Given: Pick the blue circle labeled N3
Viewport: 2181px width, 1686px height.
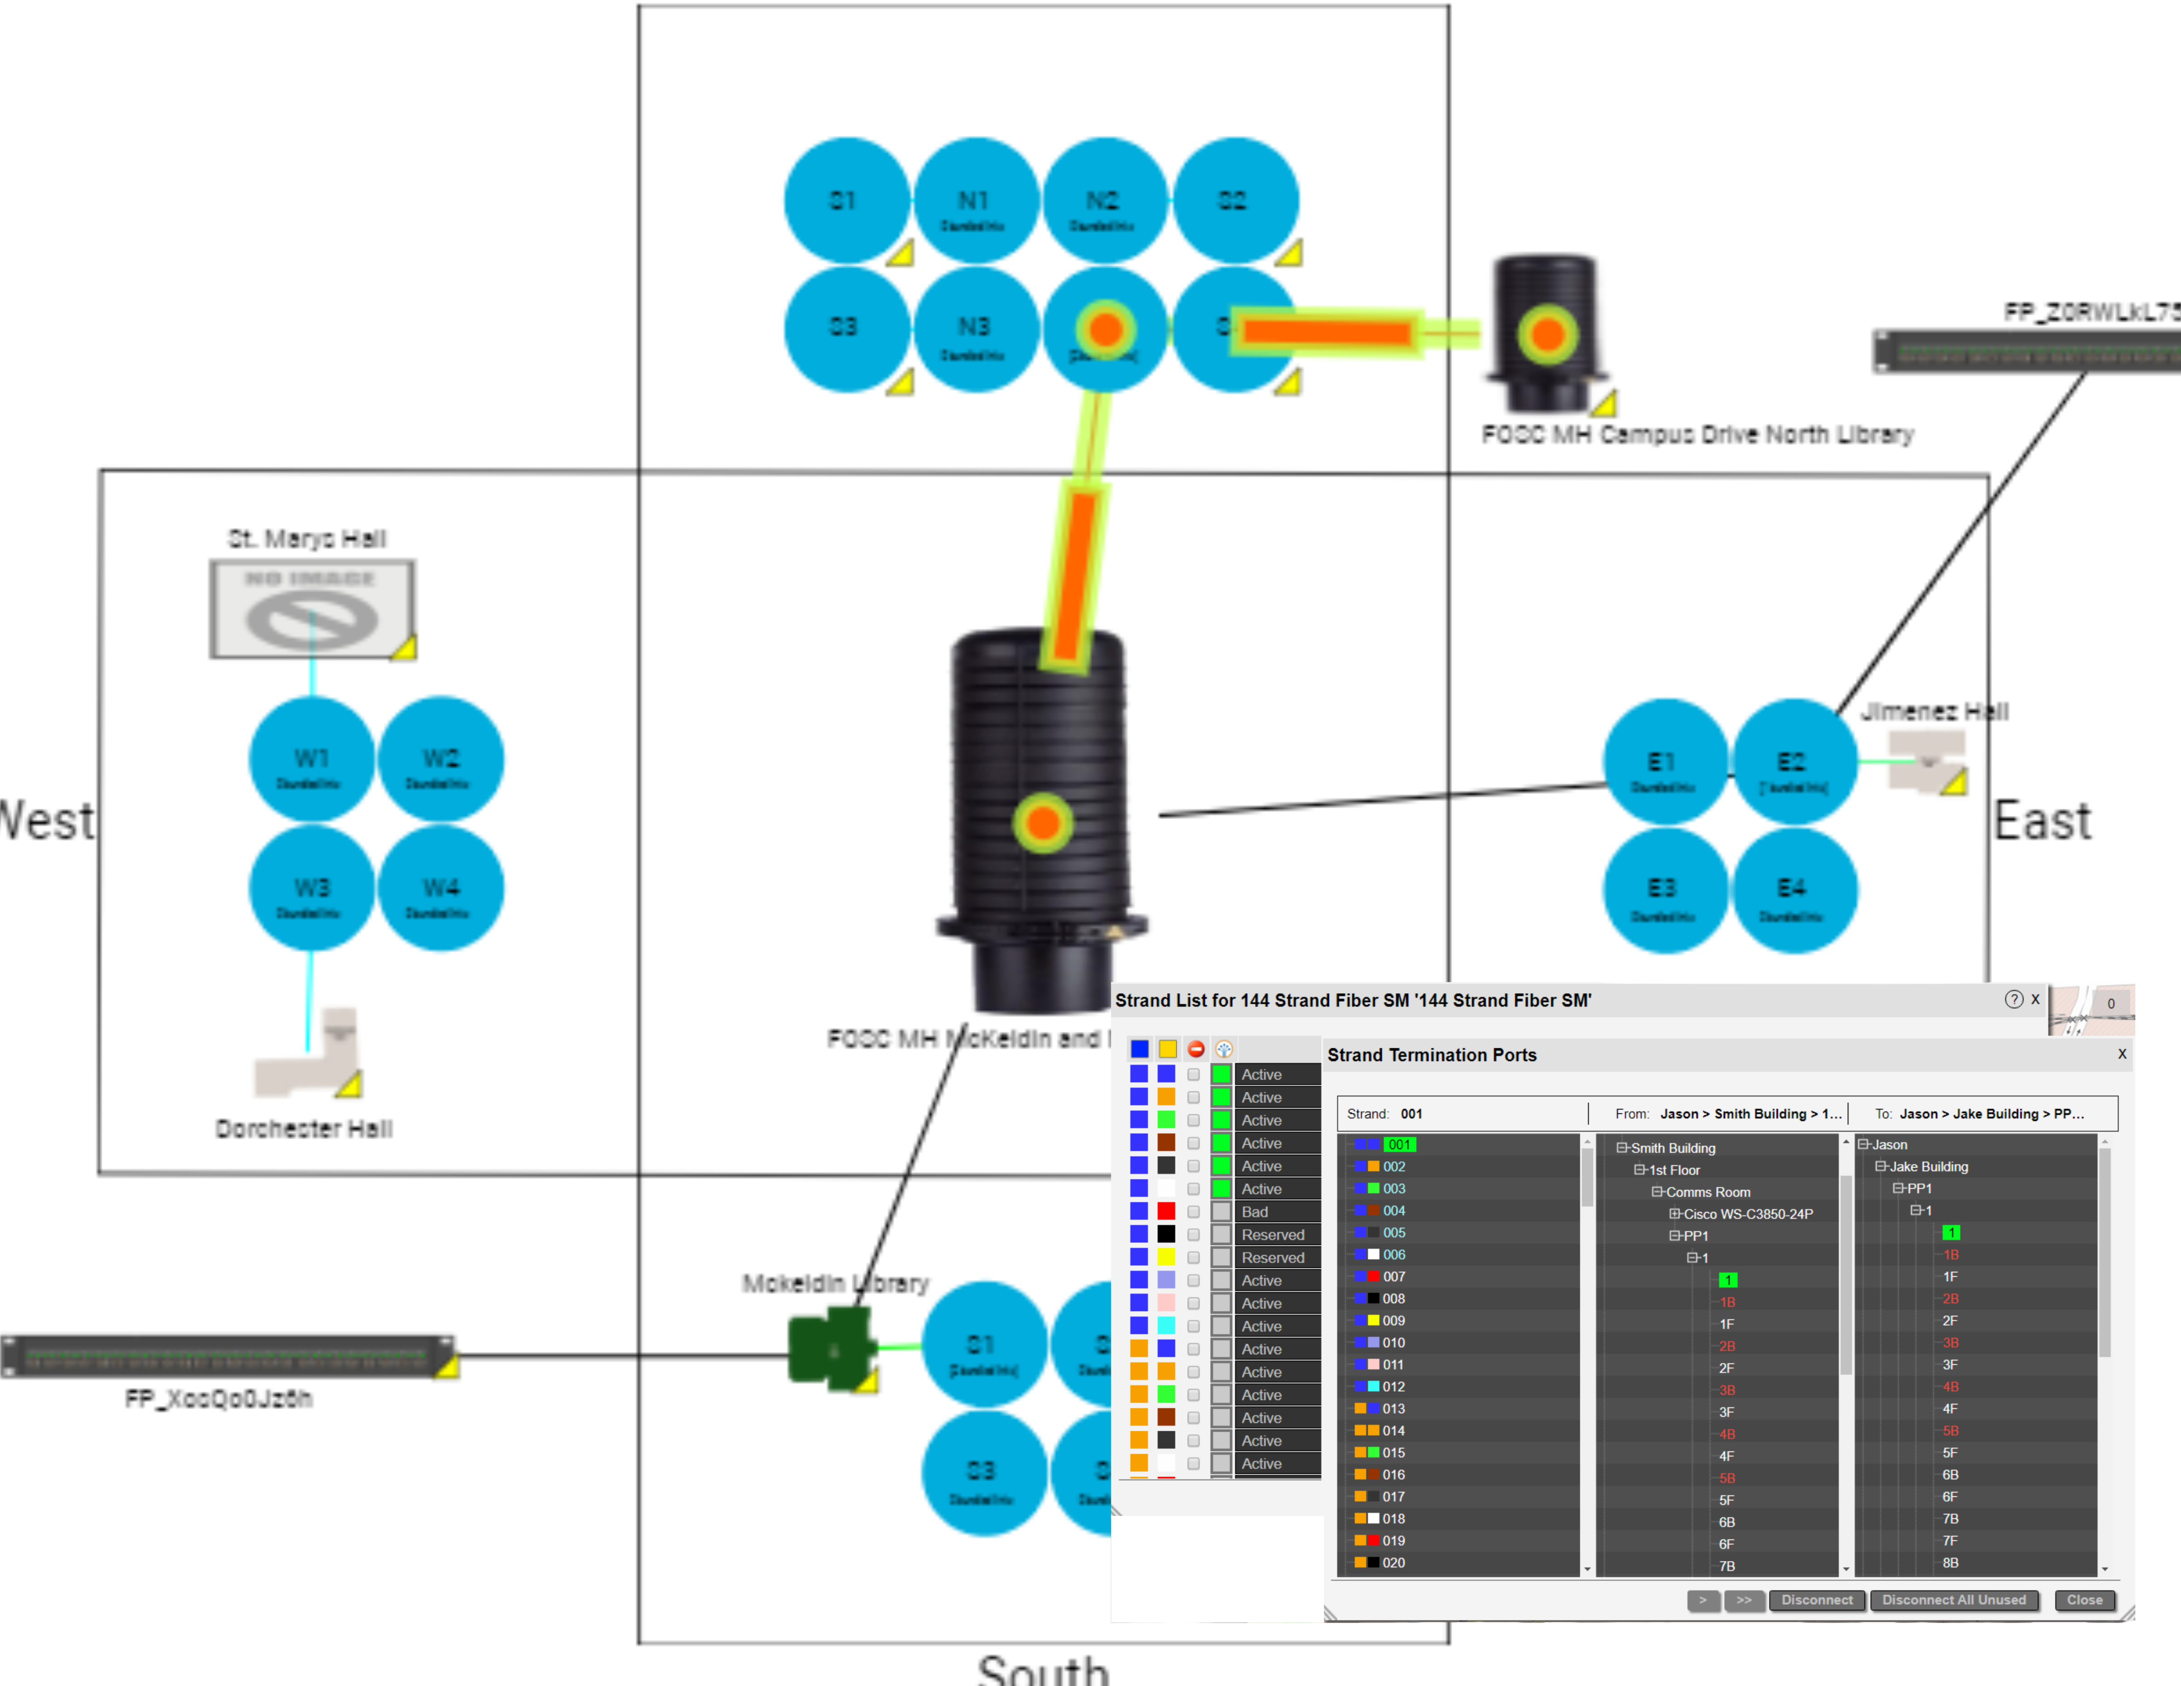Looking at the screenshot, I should point(975,330).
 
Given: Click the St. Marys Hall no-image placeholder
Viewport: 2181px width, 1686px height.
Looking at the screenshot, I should point(312,609).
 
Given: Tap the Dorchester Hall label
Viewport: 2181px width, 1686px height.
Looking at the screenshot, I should point(304,1129).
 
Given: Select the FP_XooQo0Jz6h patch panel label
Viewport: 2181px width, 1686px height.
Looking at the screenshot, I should point(219,1398).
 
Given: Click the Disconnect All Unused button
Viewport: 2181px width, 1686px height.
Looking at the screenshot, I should point(1953,1600).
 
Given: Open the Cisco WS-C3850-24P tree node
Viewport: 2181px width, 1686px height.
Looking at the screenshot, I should point(1747,1214).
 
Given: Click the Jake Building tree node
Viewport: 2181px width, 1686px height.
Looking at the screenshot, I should point(1927,1167).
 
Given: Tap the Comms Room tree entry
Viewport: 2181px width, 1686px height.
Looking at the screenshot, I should point(1708,1192).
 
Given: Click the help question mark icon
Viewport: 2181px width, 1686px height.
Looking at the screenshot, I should point(2013,1000).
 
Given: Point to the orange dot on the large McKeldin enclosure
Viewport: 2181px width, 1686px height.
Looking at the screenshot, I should point(1043,823).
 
